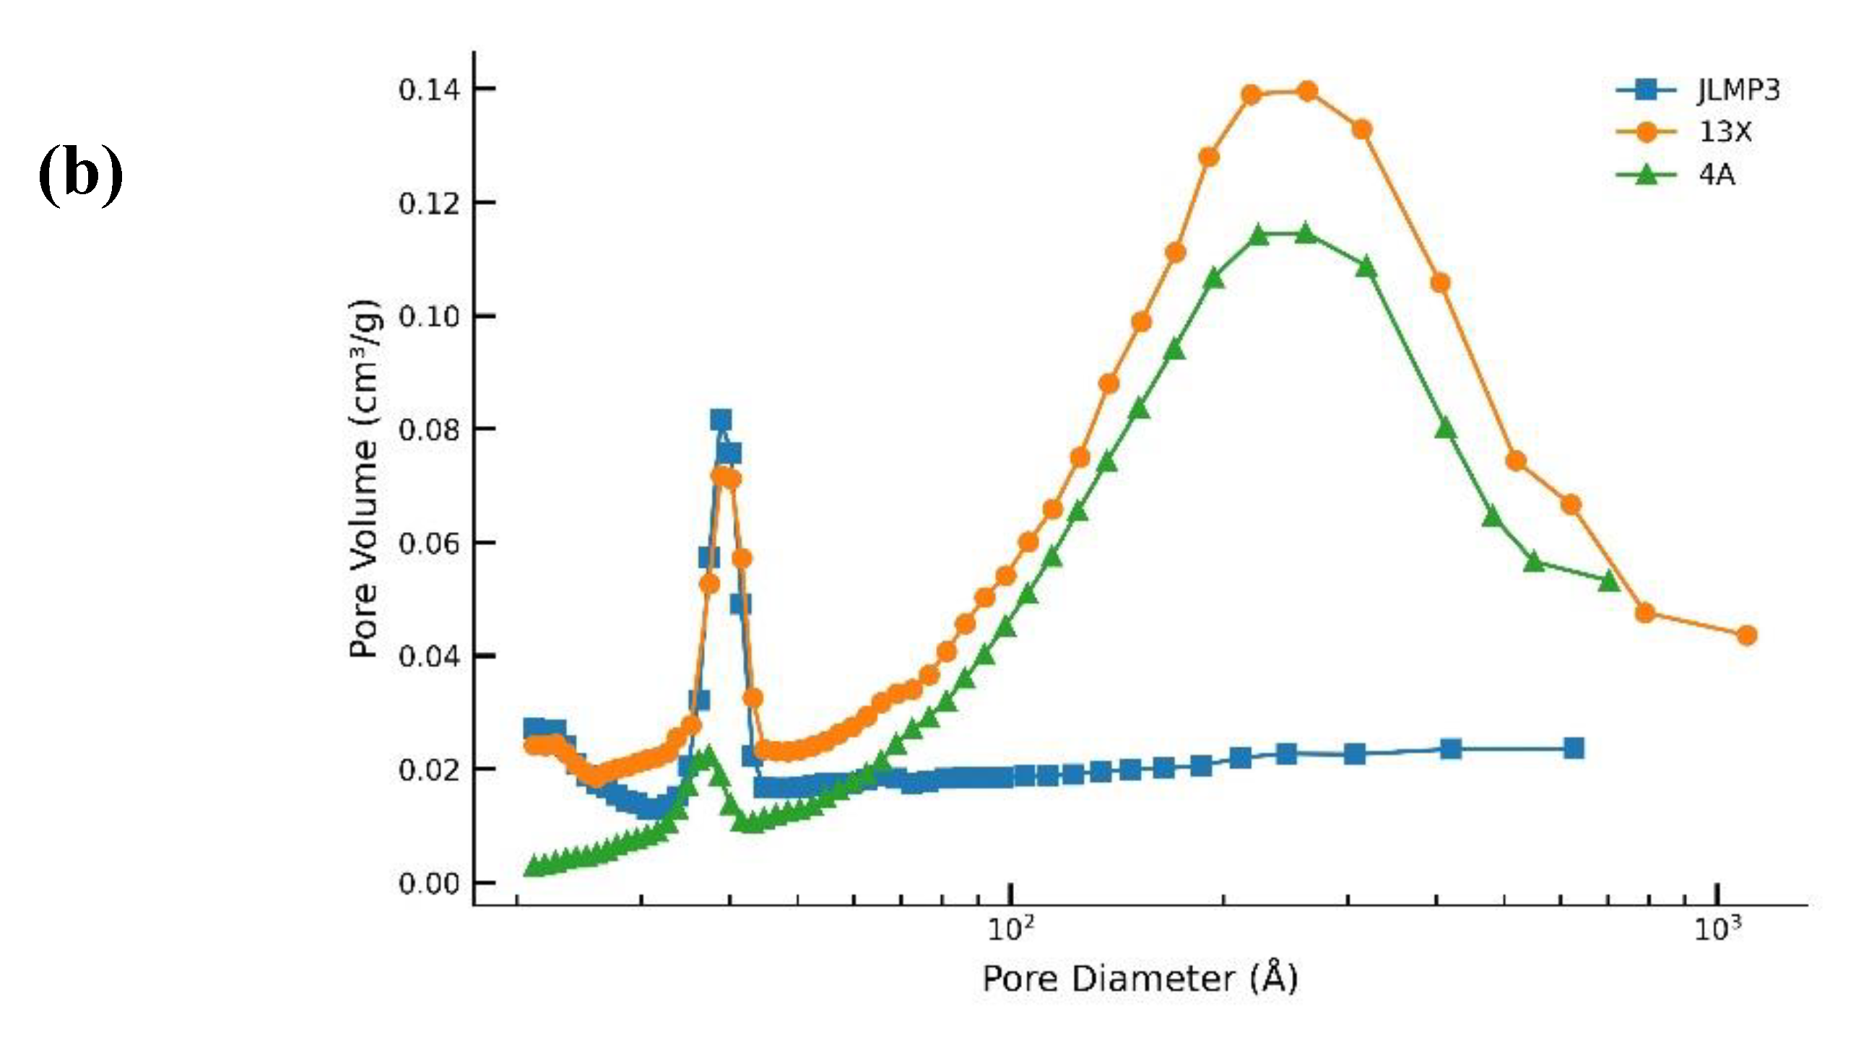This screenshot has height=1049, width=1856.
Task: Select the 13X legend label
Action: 1725,132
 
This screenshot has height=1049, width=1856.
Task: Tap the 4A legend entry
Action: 1717,175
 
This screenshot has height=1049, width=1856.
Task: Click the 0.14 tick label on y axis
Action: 429,90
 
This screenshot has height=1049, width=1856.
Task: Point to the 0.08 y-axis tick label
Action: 429,430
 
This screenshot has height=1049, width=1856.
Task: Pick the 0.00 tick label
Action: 429,884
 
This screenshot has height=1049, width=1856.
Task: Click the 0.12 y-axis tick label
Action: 429,204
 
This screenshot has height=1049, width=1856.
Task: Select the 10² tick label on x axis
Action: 1011,929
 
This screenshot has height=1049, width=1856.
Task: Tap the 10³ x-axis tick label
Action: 1717,929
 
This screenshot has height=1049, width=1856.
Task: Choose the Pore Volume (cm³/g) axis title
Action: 365,478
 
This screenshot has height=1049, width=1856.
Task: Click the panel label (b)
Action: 80,174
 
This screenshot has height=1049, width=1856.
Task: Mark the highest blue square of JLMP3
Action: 720,419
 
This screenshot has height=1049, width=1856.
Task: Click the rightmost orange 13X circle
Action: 1746,635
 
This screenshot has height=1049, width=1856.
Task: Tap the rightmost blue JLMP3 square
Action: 1574,748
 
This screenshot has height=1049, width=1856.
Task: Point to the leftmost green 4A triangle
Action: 533,865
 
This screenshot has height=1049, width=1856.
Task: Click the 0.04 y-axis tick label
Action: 429,657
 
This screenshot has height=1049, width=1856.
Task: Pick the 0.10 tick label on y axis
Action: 429,317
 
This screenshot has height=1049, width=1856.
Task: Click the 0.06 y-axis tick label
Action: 429,544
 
